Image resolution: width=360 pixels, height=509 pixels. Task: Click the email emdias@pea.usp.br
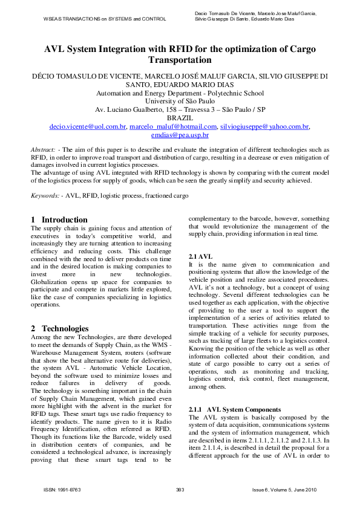pyautogui.click(x=180, y=135)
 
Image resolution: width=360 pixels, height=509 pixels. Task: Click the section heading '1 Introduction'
pyautogui.click(x=59, y=219)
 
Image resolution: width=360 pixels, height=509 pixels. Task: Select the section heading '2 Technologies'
pyautogui.click(x=60, y=328)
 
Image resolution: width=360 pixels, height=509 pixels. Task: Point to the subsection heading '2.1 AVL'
pyautogui.click(x=200, y=257)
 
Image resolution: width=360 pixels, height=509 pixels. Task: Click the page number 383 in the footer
pyautogui.click(x=180, y=488)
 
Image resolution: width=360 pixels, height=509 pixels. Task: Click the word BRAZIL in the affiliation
pyautogui.click(x=180, y=118)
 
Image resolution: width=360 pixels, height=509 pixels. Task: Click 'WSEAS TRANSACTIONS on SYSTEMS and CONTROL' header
pyautogui.click(x=104, y=19)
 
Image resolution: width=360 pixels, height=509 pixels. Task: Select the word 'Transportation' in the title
pyautogui.click(x=180, y=60)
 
